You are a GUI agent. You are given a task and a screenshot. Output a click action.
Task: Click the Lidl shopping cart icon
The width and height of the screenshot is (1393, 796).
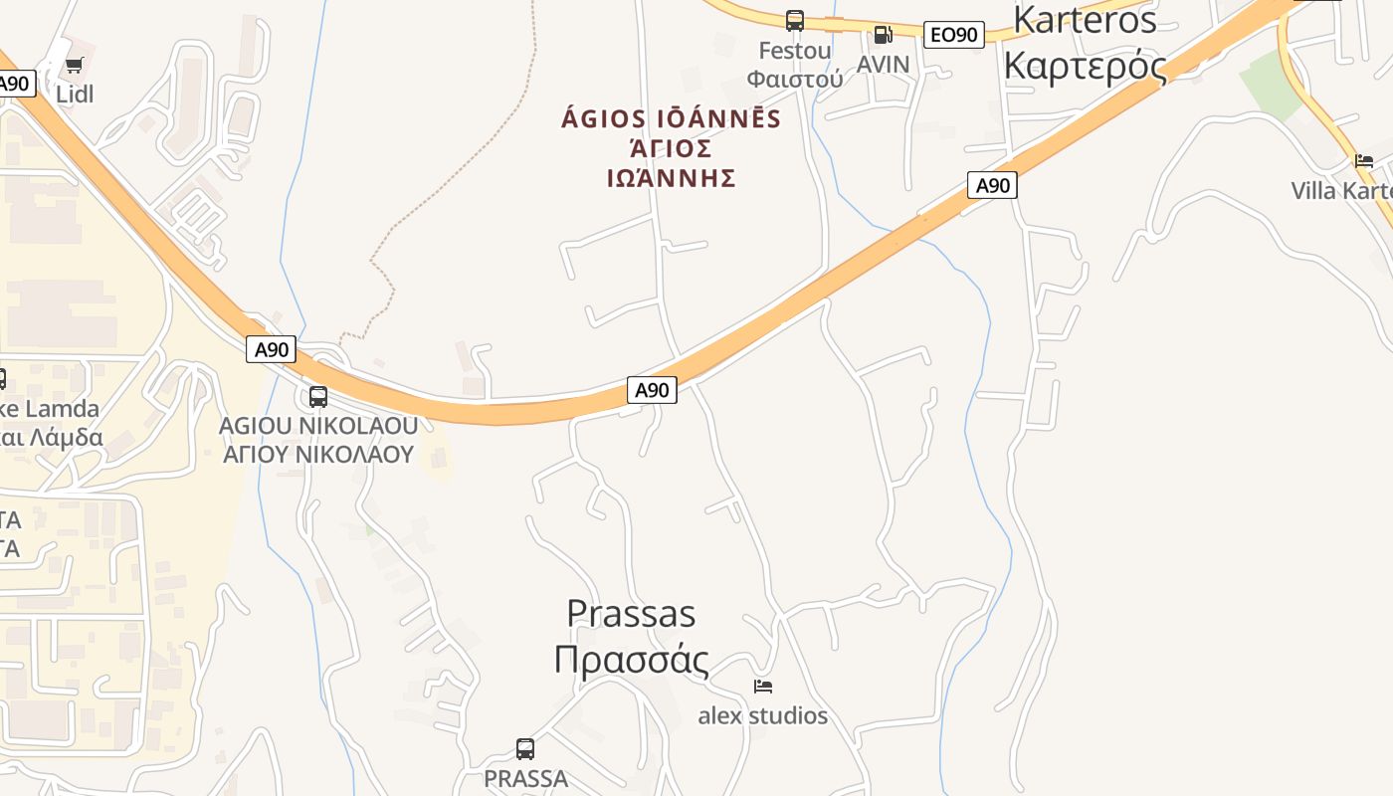[x=74, y=66]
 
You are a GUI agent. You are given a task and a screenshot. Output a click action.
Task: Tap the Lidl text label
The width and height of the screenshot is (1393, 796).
[x=75, y=95]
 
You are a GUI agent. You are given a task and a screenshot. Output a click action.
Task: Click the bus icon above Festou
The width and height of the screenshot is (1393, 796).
[x=794, y=20]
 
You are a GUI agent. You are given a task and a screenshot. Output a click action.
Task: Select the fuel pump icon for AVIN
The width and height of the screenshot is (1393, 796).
[x=883, y=35]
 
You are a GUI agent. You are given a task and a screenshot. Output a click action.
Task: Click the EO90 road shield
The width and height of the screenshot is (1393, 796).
[x=953, y=35]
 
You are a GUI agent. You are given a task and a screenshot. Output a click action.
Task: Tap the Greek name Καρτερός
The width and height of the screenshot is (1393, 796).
[x=1085, y=66]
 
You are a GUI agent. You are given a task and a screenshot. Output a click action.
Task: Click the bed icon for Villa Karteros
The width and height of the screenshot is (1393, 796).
[x=1363, y=161]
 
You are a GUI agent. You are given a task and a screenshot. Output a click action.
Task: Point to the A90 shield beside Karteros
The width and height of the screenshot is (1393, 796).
[x=992, y=185]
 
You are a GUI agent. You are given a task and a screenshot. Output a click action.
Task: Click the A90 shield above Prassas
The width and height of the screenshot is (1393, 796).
[x=652, y=390]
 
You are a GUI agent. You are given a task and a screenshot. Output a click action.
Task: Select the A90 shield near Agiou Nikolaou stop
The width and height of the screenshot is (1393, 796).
[x=271, y=349]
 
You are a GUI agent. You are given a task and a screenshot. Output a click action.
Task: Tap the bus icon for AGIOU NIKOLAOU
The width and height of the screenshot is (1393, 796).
[x=318, y=397]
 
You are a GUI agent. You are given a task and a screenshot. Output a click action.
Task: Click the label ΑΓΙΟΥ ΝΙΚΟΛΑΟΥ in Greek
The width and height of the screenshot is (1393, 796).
[x=317, y=455]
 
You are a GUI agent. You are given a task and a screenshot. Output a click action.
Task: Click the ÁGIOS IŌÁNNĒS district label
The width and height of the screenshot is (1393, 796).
[x=671, y=119]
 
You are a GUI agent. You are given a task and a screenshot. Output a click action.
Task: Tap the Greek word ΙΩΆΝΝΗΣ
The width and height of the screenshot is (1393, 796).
[x=671, y=178]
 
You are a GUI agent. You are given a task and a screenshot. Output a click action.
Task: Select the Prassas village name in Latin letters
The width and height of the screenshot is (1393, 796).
[x=631, y=613]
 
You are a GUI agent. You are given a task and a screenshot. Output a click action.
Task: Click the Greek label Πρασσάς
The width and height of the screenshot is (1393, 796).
[x=631, y=660]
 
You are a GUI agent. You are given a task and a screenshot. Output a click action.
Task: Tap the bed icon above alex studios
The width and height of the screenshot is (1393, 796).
[x=763, y=687]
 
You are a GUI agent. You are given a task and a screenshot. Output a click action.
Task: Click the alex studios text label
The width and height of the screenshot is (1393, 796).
[x=762, y=715]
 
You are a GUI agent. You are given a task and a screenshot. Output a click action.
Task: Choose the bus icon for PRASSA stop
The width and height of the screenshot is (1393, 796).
[x=525, y=748]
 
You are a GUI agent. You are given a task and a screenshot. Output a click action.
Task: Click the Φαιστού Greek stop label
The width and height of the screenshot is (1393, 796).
[x=794, y=79]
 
